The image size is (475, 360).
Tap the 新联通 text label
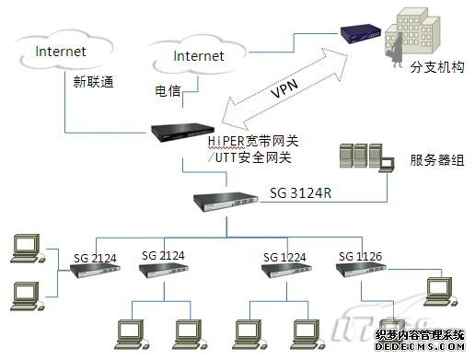93,81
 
